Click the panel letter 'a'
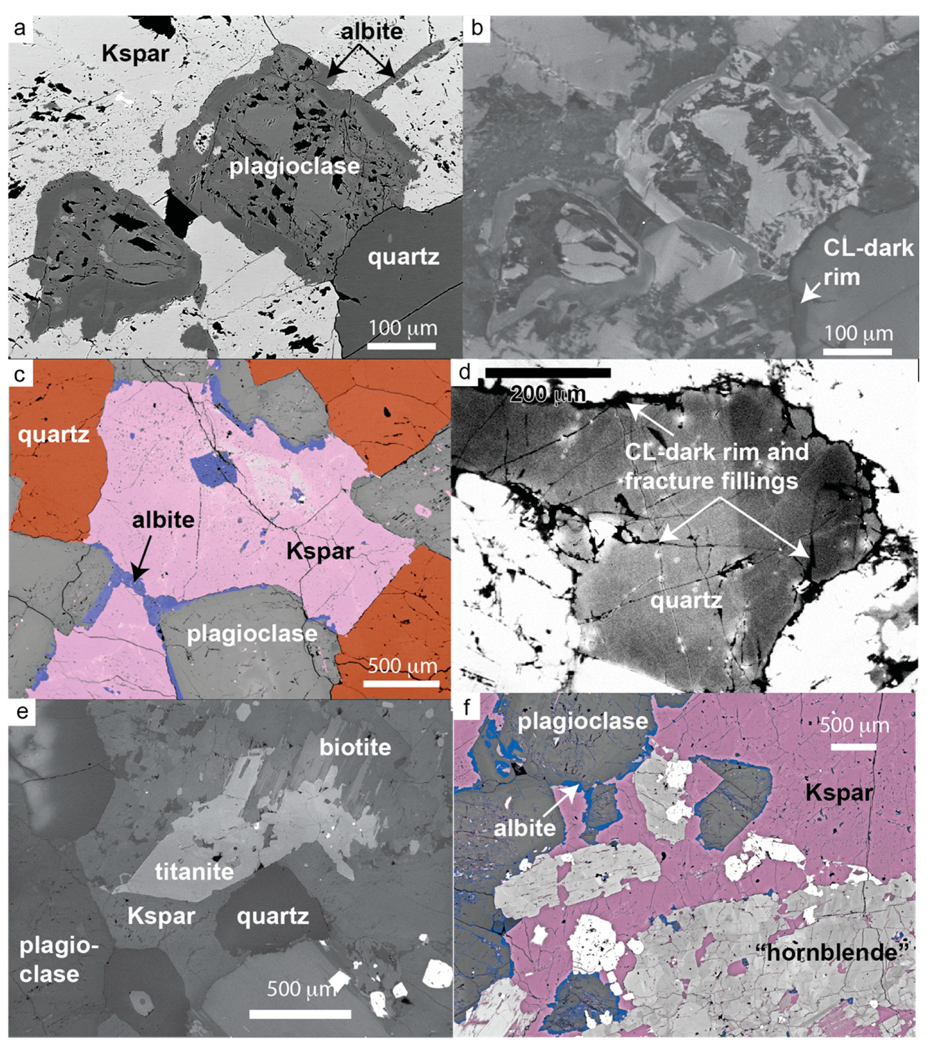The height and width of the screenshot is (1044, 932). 19,28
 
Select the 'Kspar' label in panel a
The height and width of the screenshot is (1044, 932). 135,53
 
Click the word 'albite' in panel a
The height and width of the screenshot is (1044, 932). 372,32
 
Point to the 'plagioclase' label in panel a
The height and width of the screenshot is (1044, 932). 294,166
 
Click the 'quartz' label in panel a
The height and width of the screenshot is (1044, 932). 404,257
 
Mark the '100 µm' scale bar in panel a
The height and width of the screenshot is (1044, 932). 402,346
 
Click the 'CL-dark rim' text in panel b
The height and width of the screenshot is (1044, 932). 868,262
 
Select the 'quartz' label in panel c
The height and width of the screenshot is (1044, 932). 54,435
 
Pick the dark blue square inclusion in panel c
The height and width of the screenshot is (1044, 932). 214,469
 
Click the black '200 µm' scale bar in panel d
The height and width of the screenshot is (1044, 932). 547,373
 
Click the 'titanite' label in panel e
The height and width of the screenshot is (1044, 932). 194,871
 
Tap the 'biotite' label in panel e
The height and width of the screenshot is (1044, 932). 355,747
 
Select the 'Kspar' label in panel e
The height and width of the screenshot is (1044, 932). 161,916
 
